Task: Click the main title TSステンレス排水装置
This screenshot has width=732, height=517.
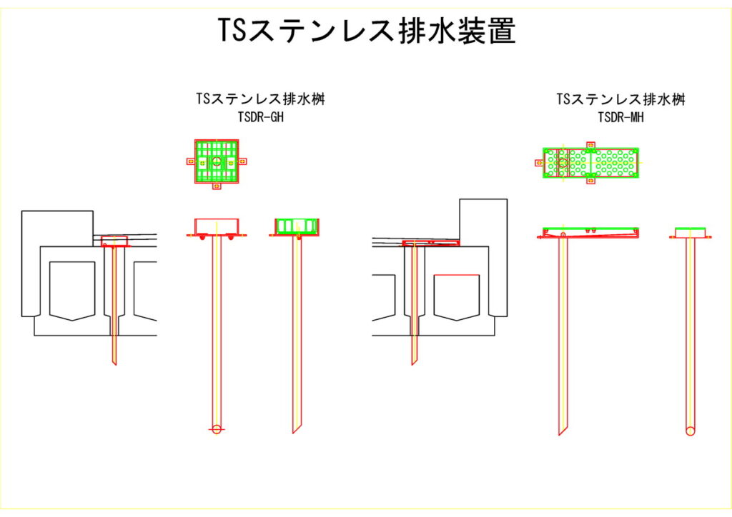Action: (x=366, y=31)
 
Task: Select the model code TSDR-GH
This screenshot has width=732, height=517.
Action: (x=261, y=117)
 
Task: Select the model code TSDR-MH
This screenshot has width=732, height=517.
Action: (x=621, y=117)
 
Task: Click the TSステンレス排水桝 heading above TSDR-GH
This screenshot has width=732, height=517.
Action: (x=261, y=99)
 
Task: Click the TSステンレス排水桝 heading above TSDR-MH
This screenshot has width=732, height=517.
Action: (x=621, y=99)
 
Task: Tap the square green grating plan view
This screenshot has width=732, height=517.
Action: (x=217, y=162)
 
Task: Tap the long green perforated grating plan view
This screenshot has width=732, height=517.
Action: (x=591, y=162)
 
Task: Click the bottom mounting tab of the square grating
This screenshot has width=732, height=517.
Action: (x=217, y=187)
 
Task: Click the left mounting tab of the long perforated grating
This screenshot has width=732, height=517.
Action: (x=539, y=162)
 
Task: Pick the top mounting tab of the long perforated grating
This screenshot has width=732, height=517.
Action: (x=590, y=145)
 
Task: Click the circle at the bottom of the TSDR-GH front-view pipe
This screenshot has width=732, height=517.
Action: (x=217, y=428)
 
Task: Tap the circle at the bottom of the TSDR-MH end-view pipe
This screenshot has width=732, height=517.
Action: (x=690, y=431)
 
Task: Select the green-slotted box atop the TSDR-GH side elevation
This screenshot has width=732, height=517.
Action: (x=296, y=226)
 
